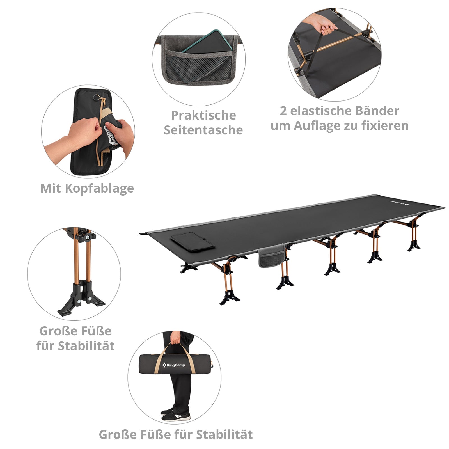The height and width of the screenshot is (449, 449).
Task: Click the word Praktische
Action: click(x=203, y=115)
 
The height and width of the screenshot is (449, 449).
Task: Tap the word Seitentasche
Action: click(x=203, y=130)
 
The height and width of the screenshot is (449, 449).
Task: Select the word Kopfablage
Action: click(x=99, y=188)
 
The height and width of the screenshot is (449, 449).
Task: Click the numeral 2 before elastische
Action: click(x=283, y=111)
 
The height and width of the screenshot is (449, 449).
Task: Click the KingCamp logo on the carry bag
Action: click(x=173, y=365)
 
